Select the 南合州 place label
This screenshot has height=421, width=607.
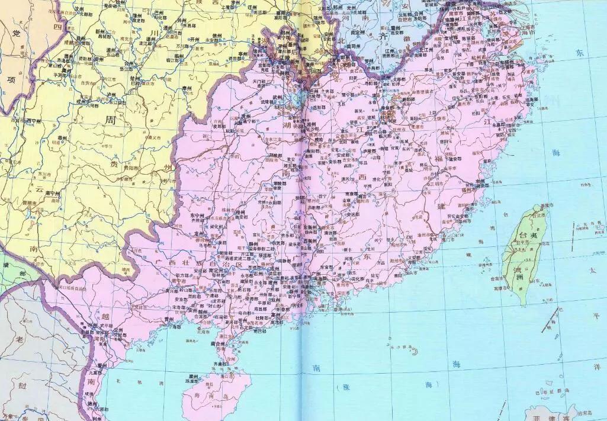[218, 343]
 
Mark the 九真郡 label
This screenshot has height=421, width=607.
[95, 373]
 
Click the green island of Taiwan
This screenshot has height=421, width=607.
[521, 255]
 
